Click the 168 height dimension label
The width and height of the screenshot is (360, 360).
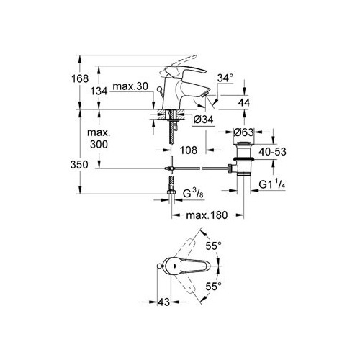80,78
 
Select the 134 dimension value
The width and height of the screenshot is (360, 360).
99,91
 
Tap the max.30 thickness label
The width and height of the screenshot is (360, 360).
130,86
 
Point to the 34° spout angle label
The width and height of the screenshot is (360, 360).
225,78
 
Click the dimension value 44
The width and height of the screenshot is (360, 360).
244,102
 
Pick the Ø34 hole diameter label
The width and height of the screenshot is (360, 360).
204,120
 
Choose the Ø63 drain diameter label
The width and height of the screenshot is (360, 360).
243,132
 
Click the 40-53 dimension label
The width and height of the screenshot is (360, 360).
273,152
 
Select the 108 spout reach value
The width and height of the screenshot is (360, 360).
189,150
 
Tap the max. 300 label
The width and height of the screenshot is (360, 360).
99,139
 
